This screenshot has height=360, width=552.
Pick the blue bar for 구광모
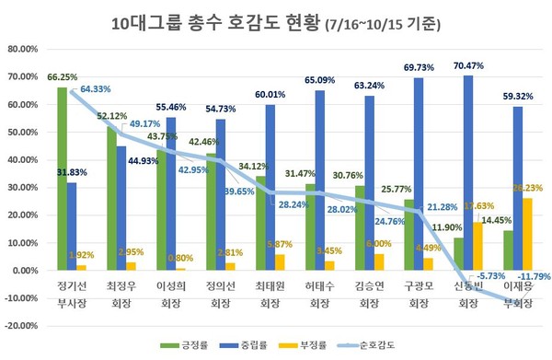click(419, 175)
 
